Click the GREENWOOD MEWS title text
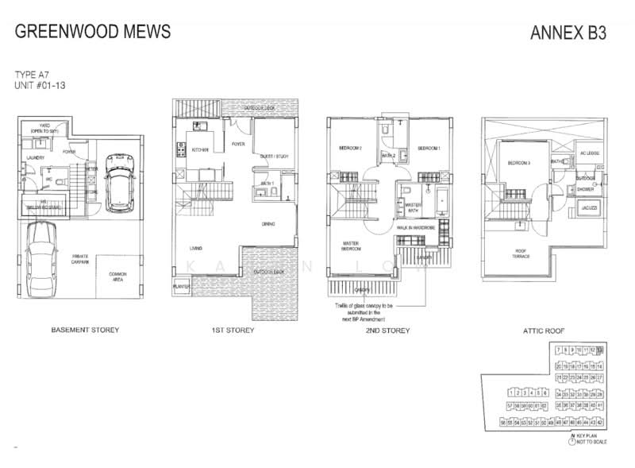pyautogui.click(x=93, y=31)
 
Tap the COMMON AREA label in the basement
pyautogui.click(x=117, y=277)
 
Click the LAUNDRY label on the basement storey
pyautogui.click(x=34, y=157)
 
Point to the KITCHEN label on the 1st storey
pyautogui.click(x=199, y=149)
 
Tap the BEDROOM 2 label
pyautogui.click(x=350, y=149)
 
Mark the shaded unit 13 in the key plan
pyautogui.click(x=600, y=350)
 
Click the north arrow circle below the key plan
pyautogui.click(x=571, y=443)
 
